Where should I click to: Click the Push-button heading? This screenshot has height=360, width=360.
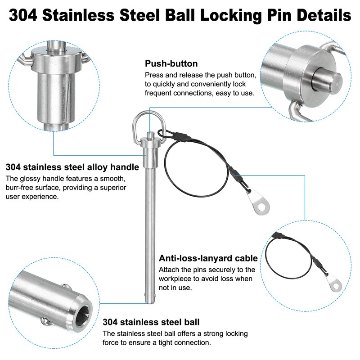171,63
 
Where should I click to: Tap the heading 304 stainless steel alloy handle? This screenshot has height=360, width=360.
72,167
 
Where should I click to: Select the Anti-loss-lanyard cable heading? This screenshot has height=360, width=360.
208,258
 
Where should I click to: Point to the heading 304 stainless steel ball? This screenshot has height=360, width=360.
151,322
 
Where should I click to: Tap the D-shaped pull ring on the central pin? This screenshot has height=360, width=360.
144,121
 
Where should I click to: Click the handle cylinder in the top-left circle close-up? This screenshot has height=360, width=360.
54,94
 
